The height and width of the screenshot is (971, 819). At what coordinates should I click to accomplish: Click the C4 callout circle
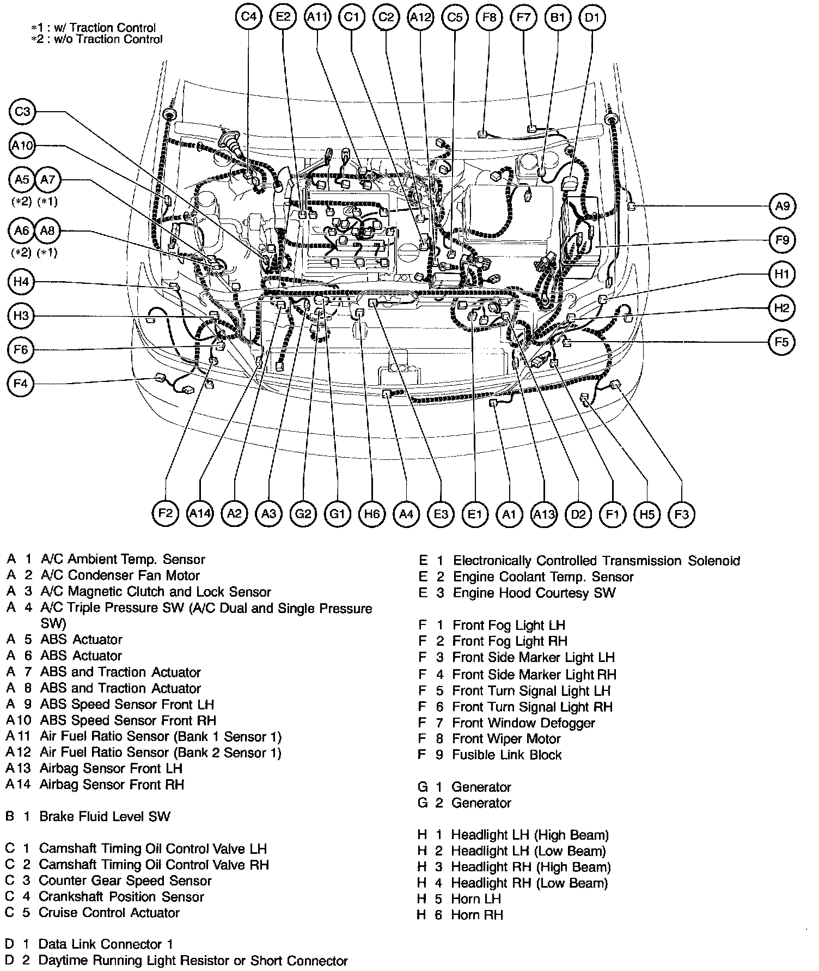click(x=249, y=17)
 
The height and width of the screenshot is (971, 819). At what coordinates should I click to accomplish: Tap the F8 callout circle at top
click(x=489, y=17)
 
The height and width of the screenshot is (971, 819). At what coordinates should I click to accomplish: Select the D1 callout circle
click(x=592, y=17)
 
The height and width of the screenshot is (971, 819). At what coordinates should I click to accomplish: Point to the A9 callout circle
click(x=782, y=207)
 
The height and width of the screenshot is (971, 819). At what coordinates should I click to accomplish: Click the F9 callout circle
click(x=782, y=240)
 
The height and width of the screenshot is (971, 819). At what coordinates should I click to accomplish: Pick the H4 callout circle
click(x=21, y=282)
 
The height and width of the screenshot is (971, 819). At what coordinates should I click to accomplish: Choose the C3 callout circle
click(x=22, y=112)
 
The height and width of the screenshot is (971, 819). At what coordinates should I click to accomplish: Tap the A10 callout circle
click(x=22, y=146)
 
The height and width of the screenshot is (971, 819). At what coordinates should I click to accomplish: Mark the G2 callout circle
click(x=303, y=513)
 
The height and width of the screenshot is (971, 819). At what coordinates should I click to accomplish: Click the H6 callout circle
click(x=372, y=513)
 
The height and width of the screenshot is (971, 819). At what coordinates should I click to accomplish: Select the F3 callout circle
click(x=681, y=513)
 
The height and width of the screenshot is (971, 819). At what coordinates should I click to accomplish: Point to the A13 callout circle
click(x=543, y=513)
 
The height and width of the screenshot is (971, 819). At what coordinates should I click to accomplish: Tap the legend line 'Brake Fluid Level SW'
click(x=105, y=816)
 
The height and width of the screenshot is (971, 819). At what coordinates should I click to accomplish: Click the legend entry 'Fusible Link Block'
click(x=506, y=755)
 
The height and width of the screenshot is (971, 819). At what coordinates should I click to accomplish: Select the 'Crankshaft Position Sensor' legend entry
click(x=121, y=896)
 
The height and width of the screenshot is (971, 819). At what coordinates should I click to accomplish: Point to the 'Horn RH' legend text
click(x=476, y=915)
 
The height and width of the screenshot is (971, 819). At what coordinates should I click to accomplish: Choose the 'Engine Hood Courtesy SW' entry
click(x=534, y=593)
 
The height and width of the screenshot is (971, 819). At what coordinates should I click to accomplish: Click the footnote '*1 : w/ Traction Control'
click(x=94, y=28)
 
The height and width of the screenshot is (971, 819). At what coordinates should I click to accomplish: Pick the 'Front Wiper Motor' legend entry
click(x=506, y=739)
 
